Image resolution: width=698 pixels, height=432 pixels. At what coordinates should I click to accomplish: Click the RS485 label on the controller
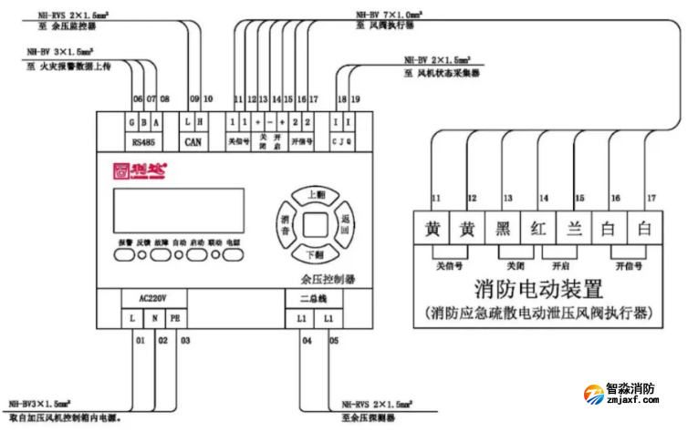tap(143, 141)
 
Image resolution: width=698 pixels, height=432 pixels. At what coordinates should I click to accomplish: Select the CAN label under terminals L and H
tap(192, 141)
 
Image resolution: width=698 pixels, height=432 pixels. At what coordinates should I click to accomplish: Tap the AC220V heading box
tap(151, 298)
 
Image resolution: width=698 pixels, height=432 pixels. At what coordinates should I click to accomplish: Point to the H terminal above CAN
tap(201, 120)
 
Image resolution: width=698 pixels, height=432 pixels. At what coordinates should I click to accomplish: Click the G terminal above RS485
tap(132, 120)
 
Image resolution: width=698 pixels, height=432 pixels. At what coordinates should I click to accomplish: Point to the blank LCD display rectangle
tap(178, 211)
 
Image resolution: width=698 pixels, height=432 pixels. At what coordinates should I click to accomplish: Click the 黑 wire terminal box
tap(503, 228)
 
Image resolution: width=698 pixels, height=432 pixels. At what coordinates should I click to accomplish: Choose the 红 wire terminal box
tap(538, 228)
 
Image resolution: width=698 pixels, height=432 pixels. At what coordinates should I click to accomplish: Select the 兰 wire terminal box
tap(575, 228)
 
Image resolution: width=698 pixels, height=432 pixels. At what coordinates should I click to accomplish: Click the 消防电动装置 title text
tap(538, 290)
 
